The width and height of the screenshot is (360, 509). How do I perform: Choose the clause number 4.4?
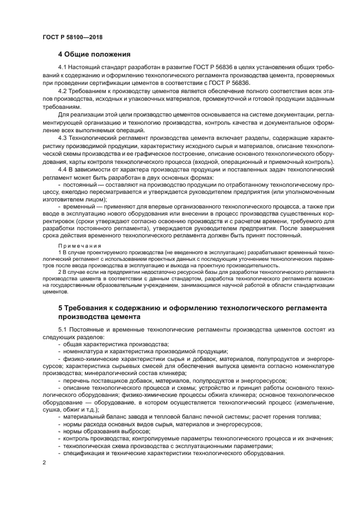tap(63, 170)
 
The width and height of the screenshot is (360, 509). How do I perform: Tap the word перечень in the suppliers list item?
tap(76, 381)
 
